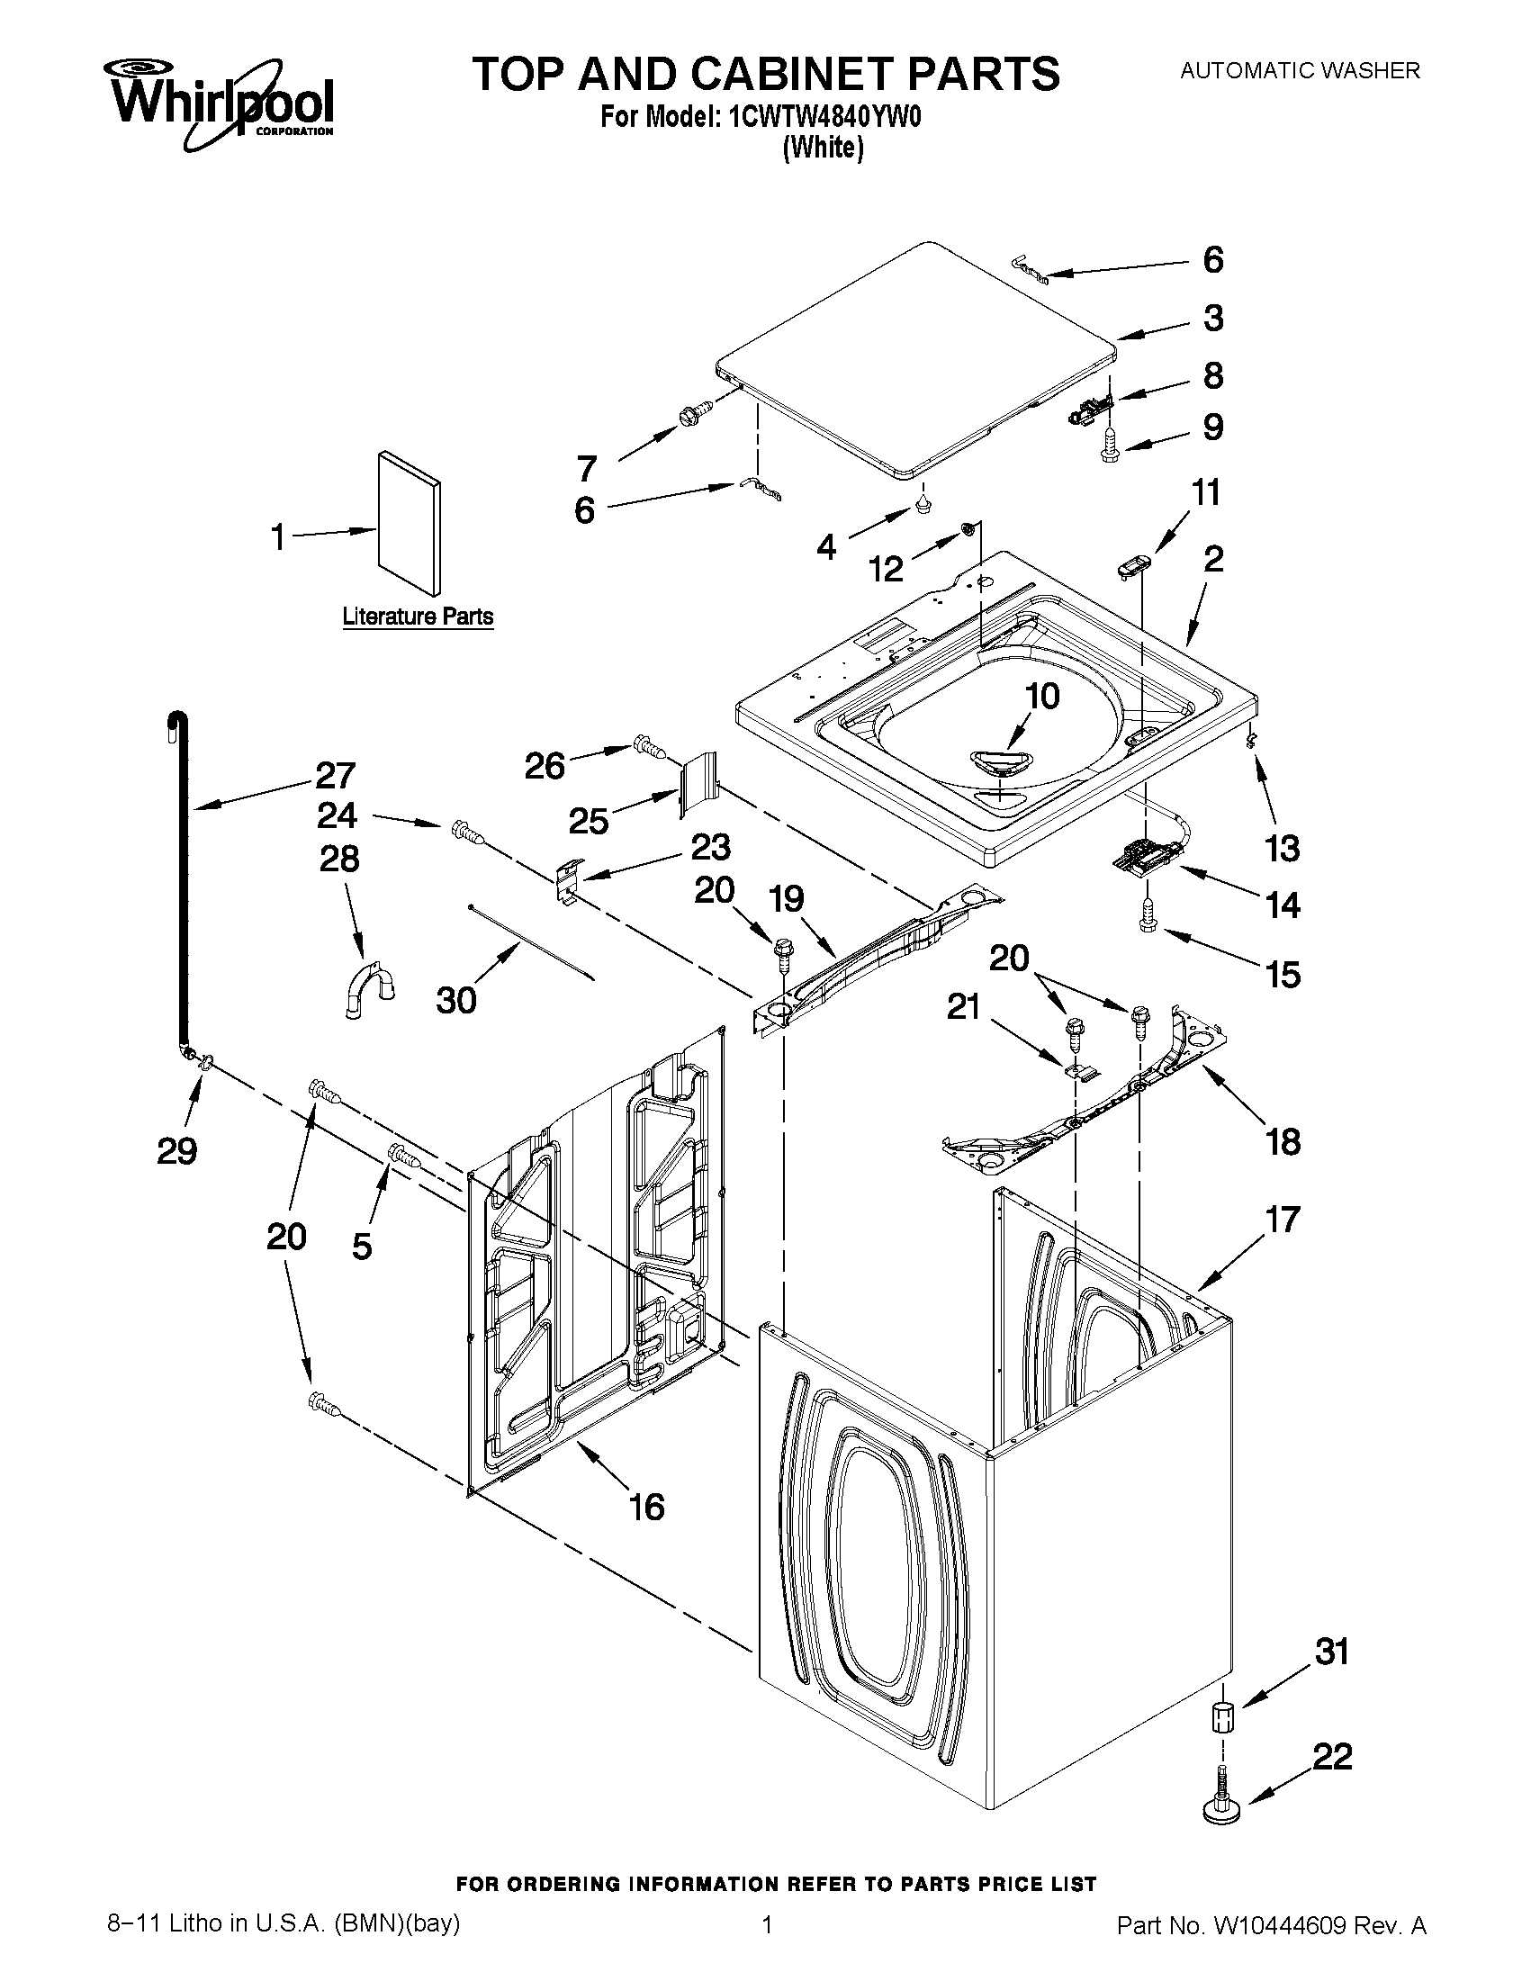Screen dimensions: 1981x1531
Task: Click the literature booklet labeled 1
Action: point(410,521)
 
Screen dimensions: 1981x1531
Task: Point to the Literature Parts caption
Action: point(418,617)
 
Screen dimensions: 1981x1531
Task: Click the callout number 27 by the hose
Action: point(335,776)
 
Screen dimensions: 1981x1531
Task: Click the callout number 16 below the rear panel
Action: point(646,1507)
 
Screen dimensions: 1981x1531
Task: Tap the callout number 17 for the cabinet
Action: point(1283,1220)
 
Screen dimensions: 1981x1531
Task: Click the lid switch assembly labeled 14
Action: point(1144,856)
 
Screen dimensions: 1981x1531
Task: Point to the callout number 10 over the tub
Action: point(1042,697)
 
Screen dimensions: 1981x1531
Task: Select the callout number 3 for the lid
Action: point(1212,319)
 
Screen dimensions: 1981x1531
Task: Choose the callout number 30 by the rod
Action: point(455,1000)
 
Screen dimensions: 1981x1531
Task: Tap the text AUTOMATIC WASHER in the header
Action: point(1299,70)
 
